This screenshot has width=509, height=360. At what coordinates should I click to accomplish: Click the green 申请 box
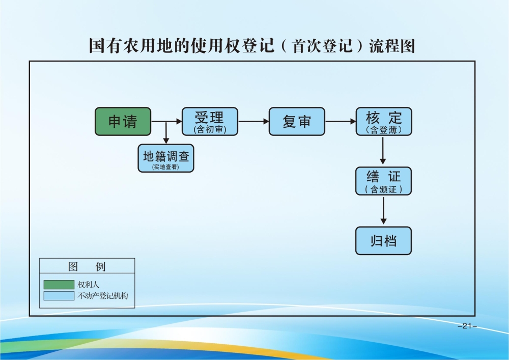(123, 121)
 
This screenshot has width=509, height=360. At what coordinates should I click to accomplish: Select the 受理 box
(210, 121)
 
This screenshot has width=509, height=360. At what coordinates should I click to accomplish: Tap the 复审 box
(297, 121)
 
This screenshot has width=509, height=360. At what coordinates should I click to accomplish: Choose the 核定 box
(383, 121)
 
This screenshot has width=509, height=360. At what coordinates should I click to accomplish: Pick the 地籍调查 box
(166, 158)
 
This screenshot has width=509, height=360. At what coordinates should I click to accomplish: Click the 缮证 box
(383, 181)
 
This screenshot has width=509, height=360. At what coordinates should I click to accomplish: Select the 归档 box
(383, 240)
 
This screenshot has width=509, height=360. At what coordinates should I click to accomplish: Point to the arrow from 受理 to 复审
(253, 121)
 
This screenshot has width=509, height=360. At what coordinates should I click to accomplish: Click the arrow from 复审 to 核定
(341, 121)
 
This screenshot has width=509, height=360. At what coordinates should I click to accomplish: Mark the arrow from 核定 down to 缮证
(383, 151)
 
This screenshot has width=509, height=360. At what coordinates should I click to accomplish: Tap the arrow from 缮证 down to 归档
(383, 210)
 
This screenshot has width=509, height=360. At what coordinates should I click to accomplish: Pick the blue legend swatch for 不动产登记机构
(59, 295)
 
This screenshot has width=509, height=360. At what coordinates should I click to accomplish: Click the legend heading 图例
(87, 267)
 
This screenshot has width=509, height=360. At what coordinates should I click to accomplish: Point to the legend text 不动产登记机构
(106, 295)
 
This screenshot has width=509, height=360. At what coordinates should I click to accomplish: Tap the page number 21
(467, 326)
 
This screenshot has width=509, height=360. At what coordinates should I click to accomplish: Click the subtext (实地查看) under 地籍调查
(166, 167)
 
